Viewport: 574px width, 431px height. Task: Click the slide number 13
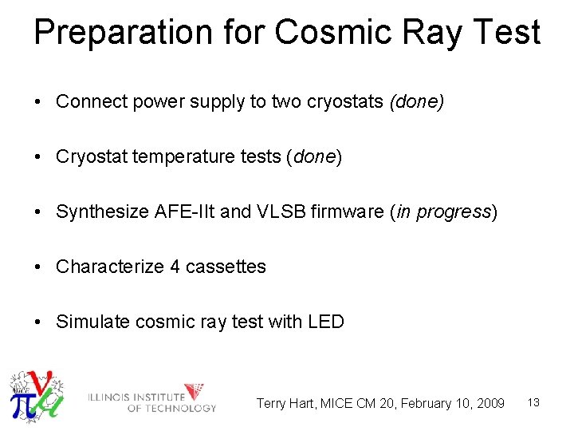click(533, 403)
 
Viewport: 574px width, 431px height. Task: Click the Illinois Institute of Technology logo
click(152, 397)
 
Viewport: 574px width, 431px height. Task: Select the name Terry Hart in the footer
click(285, 404)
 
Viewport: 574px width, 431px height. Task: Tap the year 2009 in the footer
click(489, 404)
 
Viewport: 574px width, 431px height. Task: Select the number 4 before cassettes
click(175, 267)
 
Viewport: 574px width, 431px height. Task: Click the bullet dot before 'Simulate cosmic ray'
click(38, 322)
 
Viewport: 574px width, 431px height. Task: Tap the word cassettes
click(226, 267)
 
